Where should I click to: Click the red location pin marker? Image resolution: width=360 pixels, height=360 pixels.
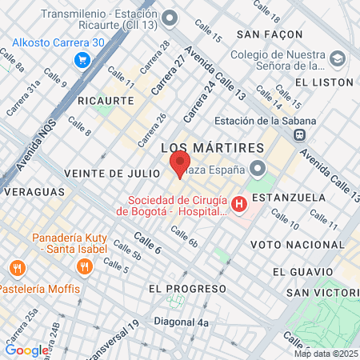tap(177, 166)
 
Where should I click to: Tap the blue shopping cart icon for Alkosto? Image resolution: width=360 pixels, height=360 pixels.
tap(81, 60)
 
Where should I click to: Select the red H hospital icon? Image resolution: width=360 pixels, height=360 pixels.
tap(238, 205)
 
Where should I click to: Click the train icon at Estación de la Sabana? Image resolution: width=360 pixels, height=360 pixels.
tap(298, 134)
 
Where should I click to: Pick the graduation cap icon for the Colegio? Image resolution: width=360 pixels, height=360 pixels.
tap(337, 60)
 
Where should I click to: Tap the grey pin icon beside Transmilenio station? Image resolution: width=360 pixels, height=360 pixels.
tap(169, 18)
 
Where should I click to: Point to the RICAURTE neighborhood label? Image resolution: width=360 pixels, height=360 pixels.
tap(106, 100)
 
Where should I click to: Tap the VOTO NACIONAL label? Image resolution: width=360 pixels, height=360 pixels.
tap(290, 243)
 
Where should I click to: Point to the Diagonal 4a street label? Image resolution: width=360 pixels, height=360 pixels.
tap(182, 323)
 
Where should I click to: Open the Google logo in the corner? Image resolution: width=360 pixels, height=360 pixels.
tap(26, 350)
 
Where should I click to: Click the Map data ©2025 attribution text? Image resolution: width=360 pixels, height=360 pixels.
tap(326, 354)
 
